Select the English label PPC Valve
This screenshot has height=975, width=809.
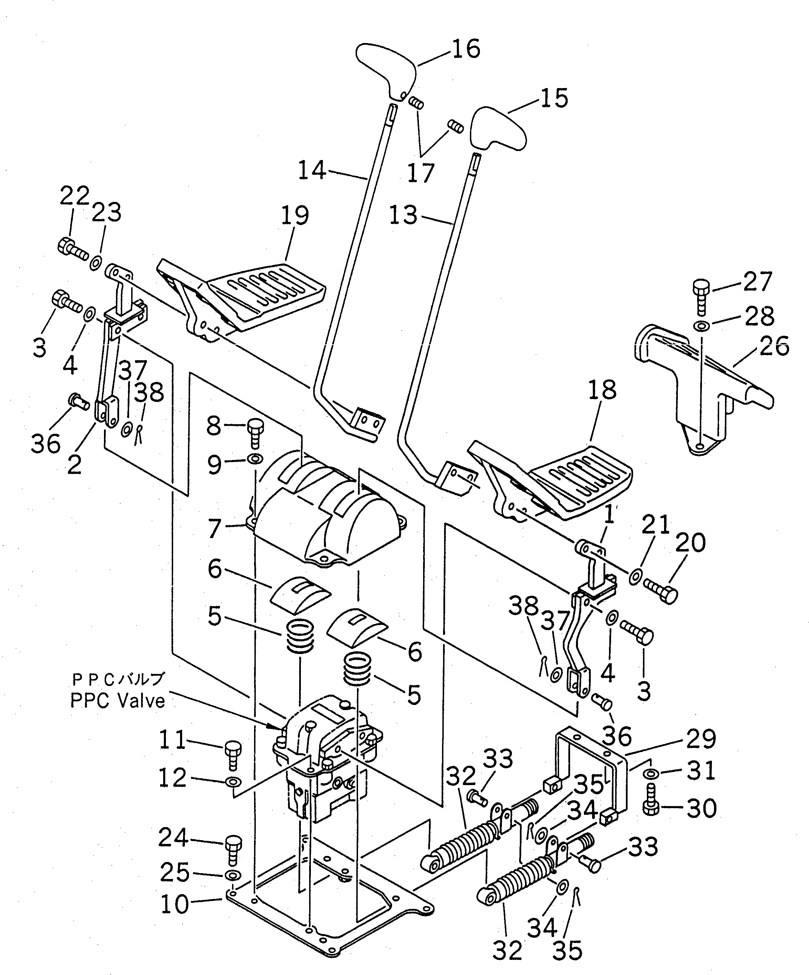(117, 700)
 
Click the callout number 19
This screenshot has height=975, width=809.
(295, 216)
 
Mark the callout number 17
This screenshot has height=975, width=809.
(421, 173)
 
